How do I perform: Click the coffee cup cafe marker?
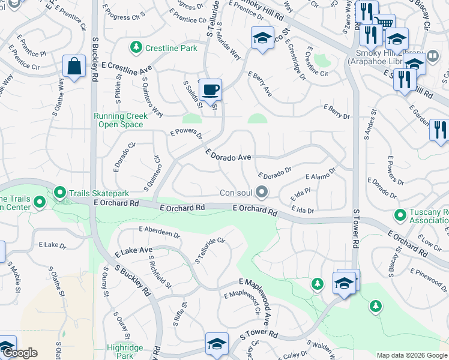[210, 90]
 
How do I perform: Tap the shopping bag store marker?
[74, 67]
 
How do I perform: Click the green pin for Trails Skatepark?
[59, 193]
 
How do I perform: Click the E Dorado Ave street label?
[228, 155]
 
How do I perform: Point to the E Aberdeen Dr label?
[159, 232]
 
